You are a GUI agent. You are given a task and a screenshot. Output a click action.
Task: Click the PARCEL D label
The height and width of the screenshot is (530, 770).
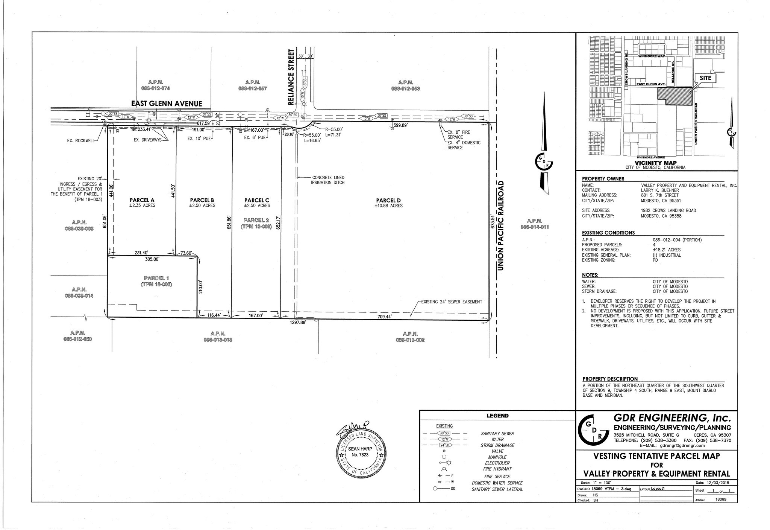[x=388, y=201]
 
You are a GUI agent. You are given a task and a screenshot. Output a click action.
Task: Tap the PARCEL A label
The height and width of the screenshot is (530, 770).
[x=142, y=200]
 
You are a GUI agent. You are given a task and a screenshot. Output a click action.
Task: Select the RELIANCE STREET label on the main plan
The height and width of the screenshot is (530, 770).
[x=290, y=77]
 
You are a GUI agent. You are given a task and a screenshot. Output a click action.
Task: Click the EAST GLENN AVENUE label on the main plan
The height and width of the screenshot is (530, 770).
[x=166, y=104]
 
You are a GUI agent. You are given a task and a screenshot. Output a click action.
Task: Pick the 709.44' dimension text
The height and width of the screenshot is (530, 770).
[x=385, y=317]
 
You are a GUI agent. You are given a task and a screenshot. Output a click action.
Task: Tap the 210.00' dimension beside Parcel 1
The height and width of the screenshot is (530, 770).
[x=201, y=287]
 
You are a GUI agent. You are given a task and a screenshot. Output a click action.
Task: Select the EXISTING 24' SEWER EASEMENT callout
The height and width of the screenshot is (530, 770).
[x=451, y=302]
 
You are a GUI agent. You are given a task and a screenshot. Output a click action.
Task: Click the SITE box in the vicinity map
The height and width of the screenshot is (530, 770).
[x=705, y=78]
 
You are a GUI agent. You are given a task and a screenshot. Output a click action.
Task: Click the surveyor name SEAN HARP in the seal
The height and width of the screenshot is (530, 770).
[x=360, y=449]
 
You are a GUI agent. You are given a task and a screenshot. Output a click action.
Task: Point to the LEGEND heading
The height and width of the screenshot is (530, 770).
[x=497, y=416]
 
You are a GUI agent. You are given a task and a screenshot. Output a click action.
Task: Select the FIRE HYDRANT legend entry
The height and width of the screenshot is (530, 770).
[x=497, y=469]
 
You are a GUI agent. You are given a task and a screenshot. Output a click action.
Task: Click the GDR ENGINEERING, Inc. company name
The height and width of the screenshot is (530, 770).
[x=672, y=418]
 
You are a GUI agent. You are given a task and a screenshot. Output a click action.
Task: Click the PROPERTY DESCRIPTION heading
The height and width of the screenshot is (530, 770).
[x=610, y=379]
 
